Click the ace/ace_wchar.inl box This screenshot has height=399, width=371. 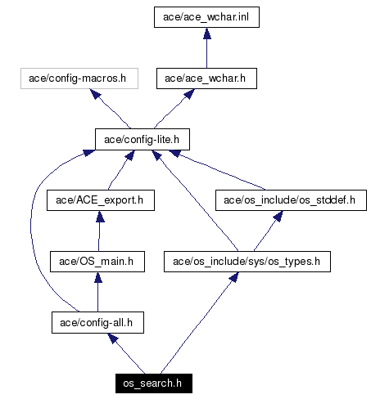click(x=206, y=17)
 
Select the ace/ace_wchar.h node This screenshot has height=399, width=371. click(x=206, y=78)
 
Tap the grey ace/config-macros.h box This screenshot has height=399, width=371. click(x=79, y=78)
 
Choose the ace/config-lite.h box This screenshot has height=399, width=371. click(x=143, y=140)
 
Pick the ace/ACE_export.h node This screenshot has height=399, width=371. click(x=101, y=200)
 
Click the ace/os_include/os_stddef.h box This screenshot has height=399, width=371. click(x=291, y=200)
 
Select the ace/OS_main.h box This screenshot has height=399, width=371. click(x=97, y=262)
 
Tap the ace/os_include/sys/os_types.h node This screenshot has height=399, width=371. click(x=247, y=262)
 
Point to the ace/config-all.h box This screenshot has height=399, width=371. click(x=97, y=323)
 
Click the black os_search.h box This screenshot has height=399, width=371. click(x=154, y=383)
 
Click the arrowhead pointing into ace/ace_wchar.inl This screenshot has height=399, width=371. click(x=207, y=33)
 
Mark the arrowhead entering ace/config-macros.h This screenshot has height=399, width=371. click(x=95, y=94)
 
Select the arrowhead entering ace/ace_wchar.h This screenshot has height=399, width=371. click(x=189, y=94)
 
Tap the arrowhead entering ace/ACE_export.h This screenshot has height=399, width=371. click(x=100, y=217)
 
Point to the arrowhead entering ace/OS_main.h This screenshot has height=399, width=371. click(x=98, y=277)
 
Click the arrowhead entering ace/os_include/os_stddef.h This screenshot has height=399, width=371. click(x=278, y=216)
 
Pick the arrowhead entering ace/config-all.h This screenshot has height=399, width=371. click(x=113, y=338)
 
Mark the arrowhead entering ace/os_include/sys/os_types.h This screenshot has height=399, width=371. click(x=233, y=277)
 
